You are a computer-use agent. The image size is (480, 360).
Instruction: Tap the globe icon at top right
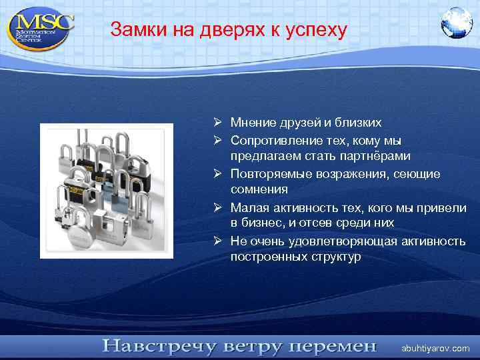pyautogui.click(x=456, y=23)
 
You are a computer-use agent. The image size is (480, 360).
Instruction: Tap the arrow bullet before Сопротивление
pyautogui.click(x=219, y=140)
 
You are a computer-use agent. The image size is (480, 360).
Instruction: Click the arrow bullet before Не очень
pyautogui.click(x=219, y=240)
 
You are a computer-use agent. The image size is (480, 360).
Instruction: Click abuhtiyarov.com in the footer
pyautogui.click(x=435, y=349)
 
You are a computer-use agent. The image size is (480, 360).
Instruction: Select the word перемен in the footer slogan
pyautogui.click(x=335, y=347)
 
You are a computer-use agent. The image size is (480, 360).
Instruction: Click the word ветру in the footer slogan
pyautogui.click(x=247, y=347)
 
